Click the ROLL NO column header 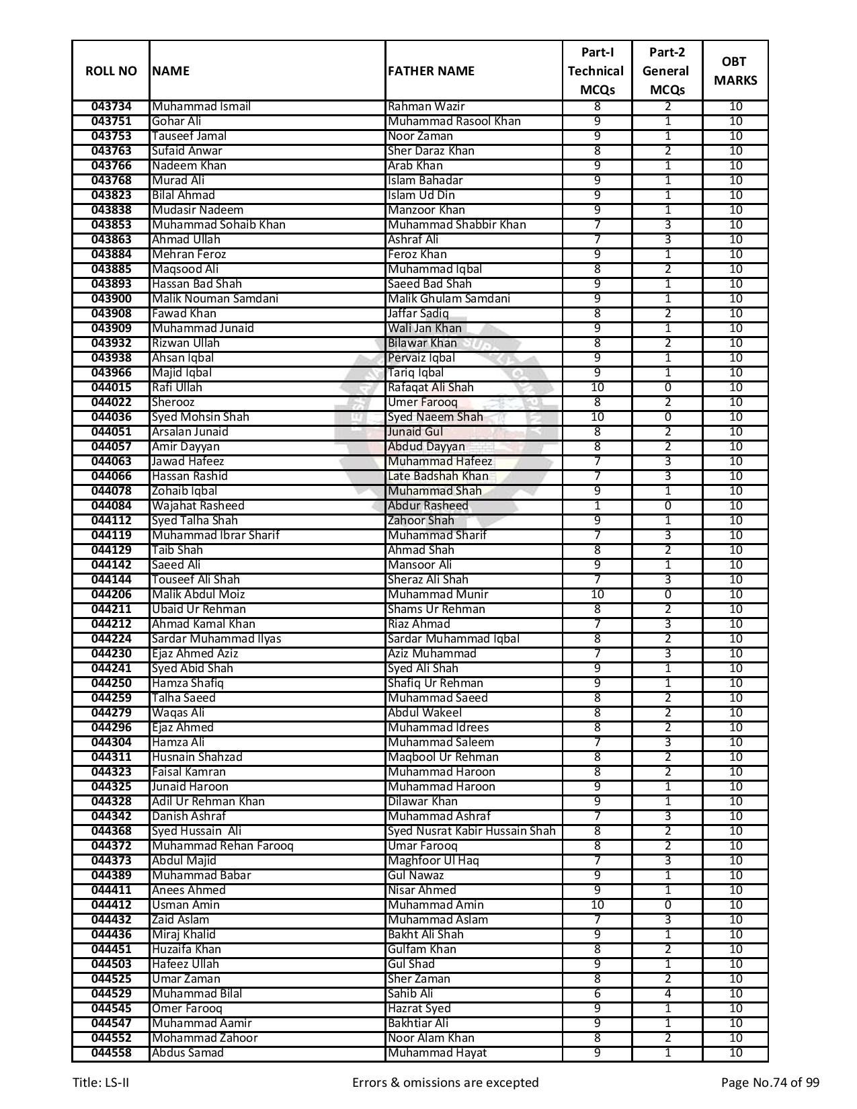(x=111, y=71)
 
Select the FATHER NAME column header (x=431, y=71)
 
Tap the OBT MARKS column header (x=735, y=71)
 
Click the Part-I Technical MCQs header (x=596, y=71)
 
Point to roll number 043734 (x=111, y=107)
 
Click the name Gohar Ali (x=176, y=122)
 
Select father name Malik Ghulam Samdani (x=448, y=299)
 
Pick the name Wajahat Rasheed (x=198, y=506)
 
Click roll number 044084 (x=111, y=506)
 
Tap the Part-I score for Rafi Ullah (x=597, y=388)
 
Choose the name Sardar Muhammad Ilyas (x=216, y=639)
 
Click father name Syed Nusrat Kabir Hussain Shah (x=471, y=831)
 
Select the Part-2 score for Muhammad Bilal (x=667, y=994)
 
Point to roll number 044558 (x=111, y=1053)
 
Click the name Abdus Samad (x=187, y=1053)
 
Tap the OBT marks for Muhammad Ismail (x=735, y=107)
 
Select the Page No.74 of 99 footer (x=770, y=1083)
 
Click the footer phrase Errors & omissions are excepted (x=445, y=1083)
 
